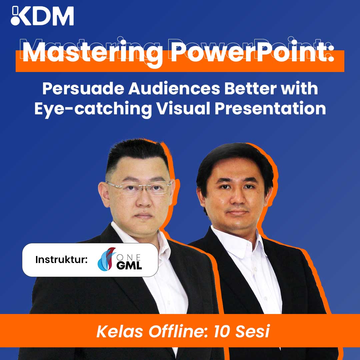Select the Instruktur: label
(x=61, y=260)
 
